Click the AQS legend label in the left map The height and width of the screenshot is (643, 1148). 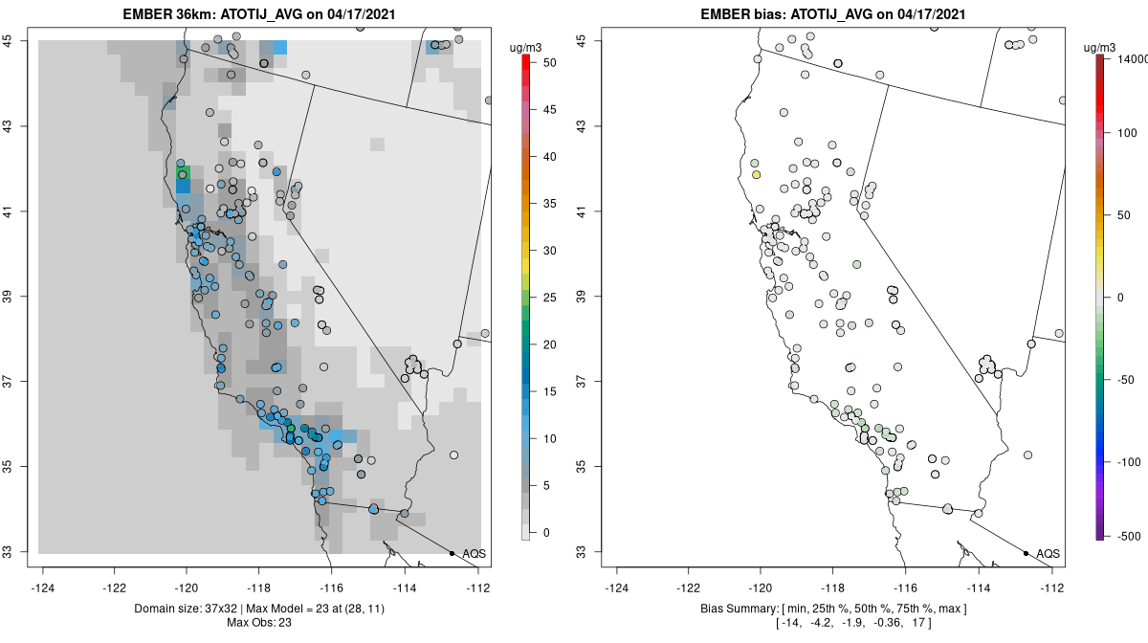click(475, 554)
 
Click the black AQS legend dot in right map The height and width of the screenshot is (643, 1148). click(1026, 553)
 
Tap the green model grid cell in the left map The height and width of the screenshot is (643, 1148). click(183, 171)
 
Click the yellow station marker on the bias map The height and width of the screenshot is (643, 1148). click(756, 175)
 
